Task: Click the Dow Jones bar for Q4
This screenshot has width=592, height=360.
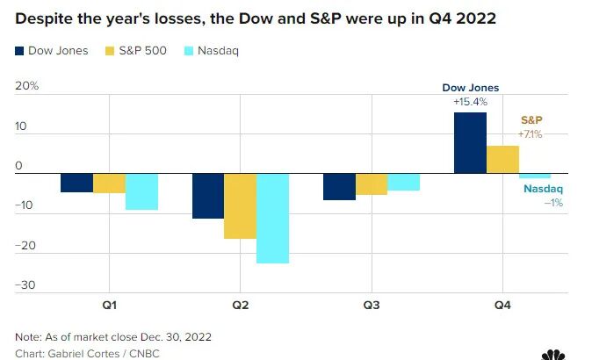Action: click(470, 143)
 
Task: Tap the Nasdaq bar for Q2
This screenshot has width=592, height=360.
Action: click(272, 219)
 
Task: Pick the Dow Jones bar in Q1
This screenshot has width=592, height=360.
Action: click(76, 183)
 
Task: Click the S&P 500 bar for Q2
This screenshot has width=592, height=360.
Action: click(240, 206)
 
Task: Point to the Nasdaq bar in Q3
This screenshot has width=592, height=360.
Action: click(403, 182)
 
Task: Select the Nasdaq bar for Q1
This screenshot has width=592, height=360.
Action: click(141, 192)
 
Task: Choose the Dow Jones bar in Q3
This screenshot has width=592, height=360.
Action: click(339, 187)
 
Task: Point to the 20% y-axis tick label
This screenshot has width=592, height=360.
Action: click(27, 86)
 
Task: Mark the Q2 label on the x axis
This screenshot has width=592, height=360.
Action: click(240, 305)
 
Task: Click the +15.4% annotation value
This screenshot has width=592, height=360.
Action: click(470, 102)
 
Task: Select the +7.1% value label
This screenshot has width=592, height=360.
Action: click(531, 134)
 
